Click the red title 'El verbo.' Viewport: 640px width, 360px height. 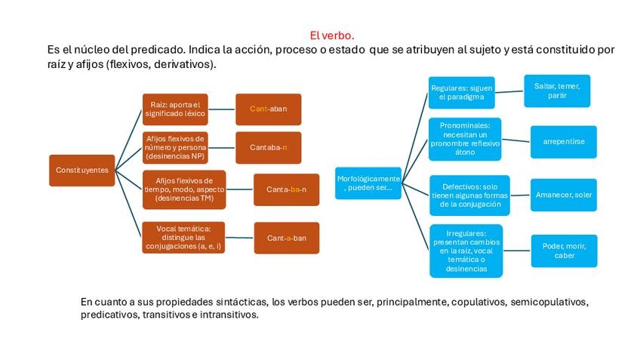(331, 35)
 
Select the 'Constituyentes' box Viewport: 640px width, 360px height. (82, 170)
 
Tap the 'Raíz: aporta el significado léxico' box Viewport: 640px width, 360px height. (175, 109)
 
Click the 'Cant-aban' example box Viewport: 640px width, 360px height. (268, 109)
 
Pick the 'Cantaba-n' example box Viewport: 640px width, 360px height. (268, 147)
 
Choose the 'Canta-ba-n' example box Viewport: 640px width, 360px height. (286, 189)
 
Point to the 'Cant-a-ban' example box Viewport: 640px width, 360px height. (286, 238)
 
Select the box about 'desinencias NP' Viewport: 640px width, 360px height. (175, 147)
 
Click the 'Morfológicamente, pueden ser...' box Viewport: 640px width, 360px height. (368, 183)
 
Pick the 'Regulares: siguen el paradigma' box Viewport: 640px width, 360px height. (461, 93)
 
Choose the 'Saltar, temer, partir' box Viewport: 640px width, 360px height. (557, 91)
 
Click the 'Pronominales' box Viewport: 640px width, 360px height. (465, 139)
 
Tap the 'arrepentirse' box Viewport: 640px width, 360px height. (563, 141)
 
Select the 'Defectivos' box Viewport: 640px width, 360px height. (469, 195)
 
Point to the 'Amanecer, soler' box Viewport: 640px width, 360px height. (563, 195)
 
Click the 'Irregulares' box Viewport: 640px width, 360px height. (465, 251)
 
